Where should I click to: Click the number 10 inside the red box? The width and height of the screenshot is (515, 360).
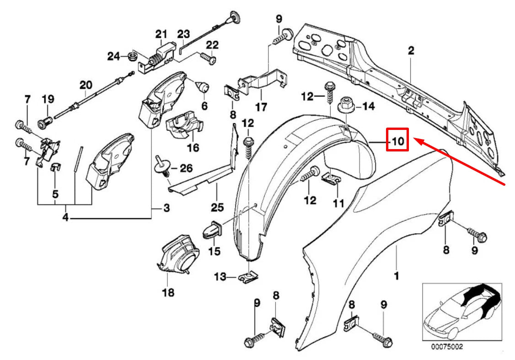(397, 141)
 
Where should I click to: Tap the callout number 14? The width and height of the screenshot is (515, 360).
(368, 107)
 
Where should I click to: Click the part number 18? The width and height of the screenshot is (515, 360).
(168, 292)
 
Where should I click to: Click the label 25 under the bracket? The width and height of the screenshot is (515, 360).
(217, 208)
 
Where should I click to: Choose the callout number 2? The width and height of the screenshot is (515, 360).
(411, 51)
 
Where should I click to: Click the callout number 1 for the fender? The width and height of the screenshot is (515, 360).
(397, 276)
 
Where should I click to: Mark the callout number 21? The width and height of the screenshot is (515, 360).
(161, 34)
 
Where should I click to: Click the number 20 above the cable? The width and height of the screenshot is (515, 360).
(86, 85)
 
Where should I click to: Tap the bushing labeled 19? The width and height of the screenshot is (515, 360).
(46, 122)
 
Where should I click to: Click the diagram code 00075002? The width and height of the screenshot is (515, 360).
(446, 347)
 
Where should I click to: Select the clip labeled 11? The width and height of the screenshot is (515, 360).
(333, 178)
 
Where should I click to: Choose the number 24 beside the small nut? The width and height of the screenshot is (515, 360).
(113, 56)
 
